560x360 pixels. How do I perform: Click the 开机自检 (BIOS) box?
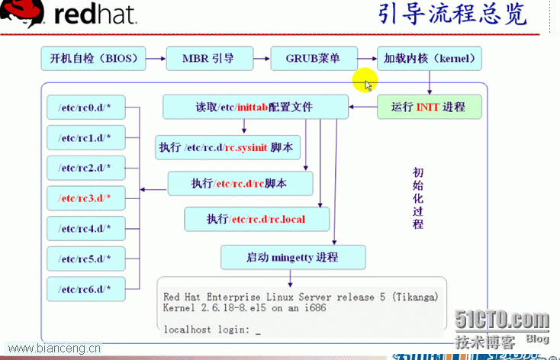93,58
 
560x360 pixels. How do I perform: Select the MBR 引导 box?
210,58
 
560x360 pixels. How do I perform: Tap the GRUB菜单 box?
314,58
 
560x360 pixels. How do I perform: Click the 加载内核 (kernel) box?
430,58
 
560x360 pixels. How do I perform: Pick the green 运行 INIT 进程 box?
430,107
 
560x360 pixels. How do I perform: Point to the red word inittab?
253,107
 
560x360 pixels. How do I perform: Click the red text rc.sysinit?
246,147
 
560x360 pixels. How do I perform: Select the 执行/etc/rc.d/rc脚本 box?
240,184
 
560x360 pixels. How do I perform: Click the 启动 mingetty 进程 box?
293,257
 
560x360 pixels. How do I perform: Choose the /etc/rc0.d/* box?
86,107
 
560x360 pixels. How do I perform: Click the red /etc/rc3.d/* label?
84,198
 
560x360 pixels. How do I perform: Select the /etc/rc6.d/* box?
86,289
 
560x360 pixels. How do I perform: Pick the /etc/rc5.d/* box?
86,259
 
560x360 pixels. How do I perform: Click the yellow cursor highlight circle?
365,80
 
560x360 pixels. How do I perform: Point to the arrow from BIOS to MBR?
156,59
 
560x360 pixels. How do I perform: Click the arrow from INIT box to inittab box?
363,107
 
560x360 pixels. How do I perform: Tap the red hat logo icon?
22,13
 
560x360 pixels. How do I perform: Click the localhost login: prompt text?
207,329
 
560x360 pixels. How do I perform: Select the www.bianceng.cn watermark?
54,349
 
